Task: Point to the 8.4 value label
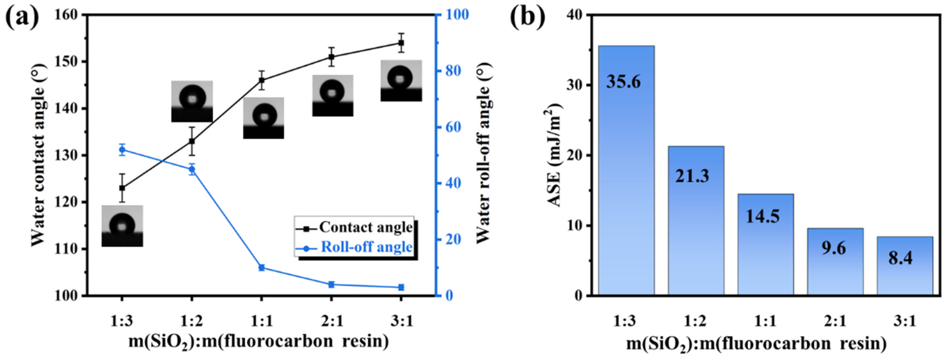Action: tap(905, 258)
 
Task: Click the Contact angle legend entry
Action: tap(366, 227)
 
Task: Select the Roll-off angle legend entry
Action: tap(367, 247)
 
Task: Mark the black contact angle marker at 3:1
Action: tap(401, 43)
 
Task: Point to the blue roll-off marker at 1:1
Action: tap(261, 267)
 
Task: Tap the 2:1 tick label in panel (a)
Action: tap(331, 322)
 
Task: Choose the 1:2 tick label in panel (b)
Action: tap(696, 322)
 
